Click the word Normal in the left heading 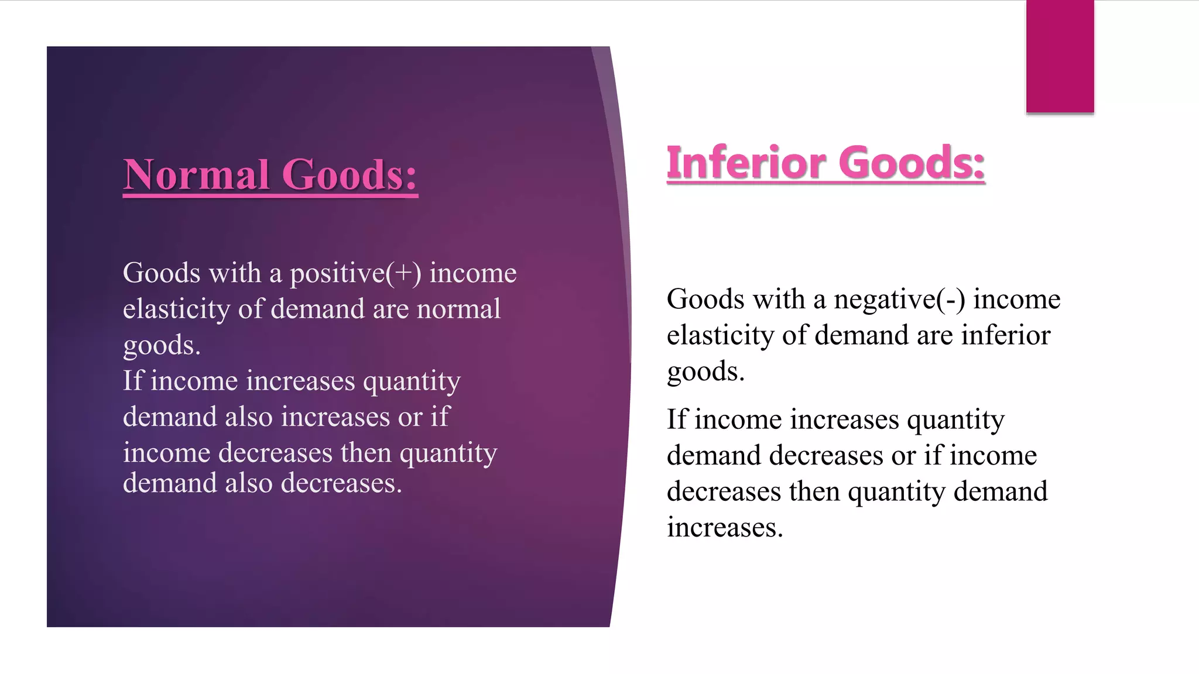click(x=197, y=175)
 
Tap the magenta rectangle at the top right click(x=1060, y=56)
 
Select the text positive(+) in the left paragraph click(x=355, y=274)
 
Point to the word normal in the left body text click(x=458, y=309)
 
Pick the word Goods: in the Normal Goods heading click(x=350, y=175)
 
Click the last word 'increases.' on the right click(x=725, y=528)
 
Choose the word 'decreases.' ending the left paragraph click(x=341, y=484)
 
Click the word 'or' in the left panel click(x=410, y=417)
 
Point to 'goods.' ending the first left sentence click(x=162, y=345)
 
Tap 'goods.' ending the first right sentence click(x=705, y=372)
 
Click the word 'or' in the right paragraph click(x=903, y=456)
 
